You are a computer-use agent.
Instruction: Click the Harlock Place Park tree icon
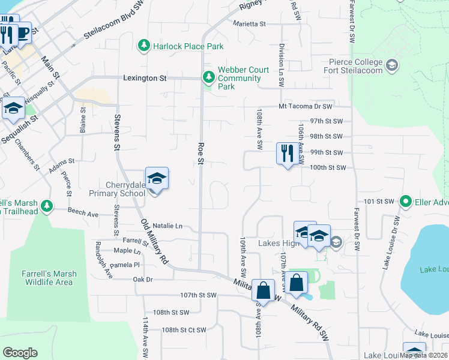(143, 46)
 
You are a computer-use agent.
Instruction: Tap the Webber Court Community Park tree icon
(208, 77)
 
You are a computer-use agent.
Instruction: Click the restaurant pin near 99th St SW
(286, 154)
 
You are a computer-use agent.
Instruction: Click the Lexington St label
(145, 78)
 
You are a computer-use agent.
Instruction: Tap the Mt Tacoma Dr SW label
(305, 106)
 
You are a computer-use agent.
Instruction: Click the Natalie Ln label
(167, 226)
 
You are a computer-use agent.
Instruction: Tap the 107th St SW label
(197, 295)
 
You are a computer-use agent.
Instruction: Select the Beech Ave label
(83, 213)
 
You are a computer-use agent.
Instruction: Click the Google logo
(20, 353)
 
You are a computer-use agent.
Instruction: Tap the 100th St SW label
(329, 168)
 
